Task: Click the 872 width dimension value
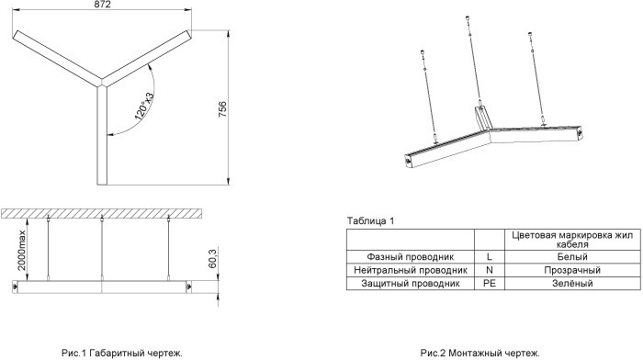pyautogui.click(x=102, y=4)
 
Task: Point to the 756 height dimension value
pyautogui.click(x=222, y=109)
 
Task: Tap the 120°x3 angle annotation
pyautogui.click(x=144, y=107)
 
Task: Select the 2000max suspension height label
pyautogui.click(x=21, y=250)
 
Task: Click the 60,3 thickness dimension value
pyautogui.click(x=212, y=258)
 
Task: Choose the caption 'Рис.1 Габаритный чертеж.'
pyautogui.click(x=122, y=353)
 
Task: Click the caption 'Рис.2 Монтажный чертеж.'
pyautogui.click(x=479, y=353)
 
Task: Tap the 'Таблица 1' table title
pyautogui.click(x=370, y=221)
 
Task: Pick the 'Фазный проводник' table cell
pyautogui.click(x=410, y=257)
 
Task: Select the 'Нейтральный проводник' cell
pyautogui.click(x=411, y=270)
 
